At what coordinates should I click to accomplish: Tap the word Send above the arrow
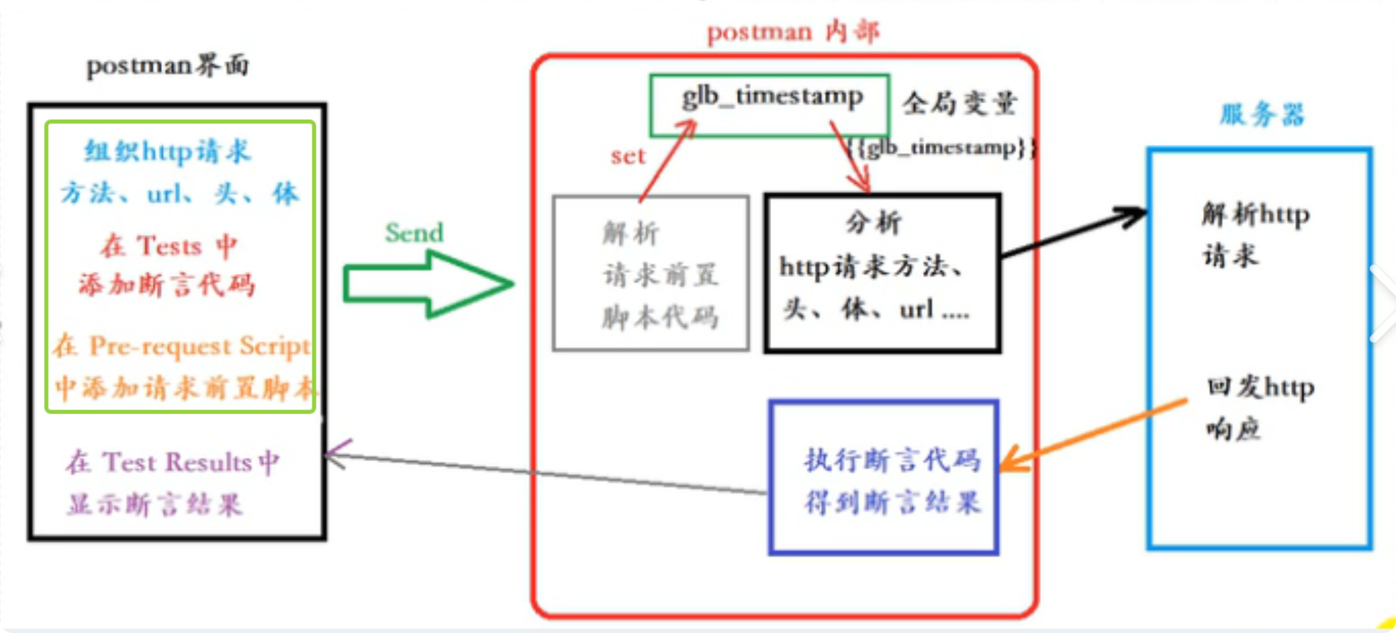click(414, 233)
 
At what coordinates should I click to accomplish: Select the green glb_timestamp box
click(769, 105)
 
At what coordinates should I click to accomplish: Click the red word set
click(628, 156)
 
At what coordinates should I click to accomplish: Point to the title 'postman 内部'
click(793, 32)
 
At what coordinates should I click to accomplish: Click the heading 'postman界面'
click(168, 66)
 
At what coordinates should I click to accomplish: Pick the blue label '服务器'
click(1261, 115)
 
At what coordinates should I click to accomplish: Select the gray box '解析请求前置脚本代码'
click(651, 274)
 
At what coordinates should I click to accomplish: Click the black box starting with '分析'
click(881, 274)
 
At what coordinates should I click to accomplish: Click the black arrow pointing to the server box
click(1072, 234)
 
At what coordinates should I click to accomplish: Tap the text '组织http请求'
click(168, 152)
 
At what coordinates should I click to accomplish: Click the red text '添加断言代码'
click(167, 285)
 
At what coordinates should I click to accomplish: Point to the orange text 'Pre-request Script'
click(199, 346)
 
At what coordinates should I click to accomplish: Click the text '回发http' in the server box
click(1260, 387)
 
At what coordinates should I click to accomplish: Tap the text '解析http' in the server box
click(1255, 215)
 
